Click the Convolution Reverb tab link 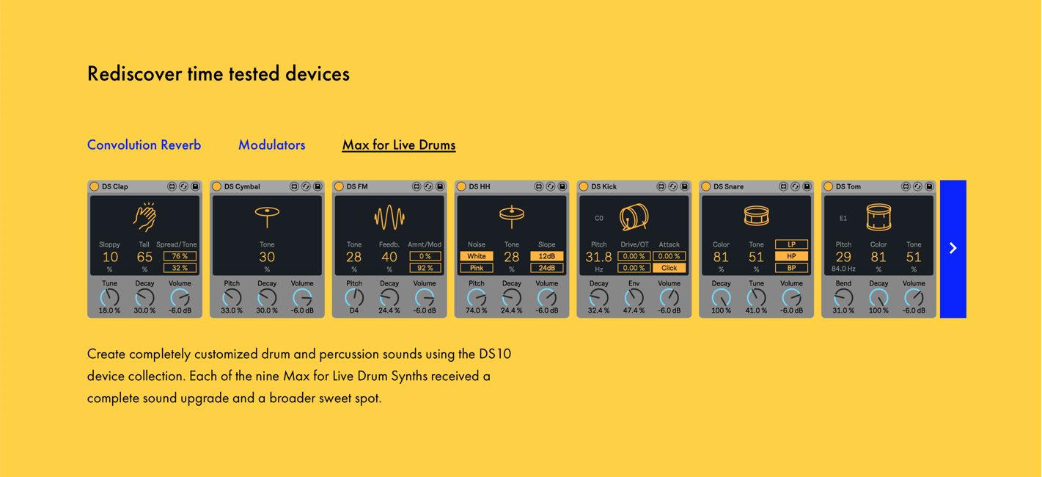click(144, 145)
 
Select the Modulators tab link click(271, 145)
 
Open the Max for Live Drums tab click(399, 145)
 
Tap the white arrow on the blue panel click(953, 248)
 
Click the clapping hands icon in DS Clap click(144, 216)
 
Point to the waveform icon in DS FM click(389, 217)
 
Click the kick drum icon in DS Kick click(634, 217)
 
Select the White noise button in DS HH click(477, 256)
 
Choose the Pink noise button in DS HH click(477, 268)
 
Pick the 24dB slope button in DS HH click(546, 268)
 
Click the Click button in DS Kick click(669, 268)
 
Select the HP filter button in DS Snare click(791, 256)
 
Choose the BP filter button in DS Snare click(791, 268)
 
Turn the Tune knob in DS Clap click(110, 298)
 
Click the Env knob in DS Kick click(634, 298)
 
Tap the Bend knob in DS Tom click(843, 298)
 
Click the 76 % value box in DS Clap click(180, 256)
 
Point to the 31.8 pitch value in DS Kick click(598, 257)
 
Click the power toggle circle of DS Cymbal click(217, 186)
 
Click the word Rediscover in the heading click(134, 73)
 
